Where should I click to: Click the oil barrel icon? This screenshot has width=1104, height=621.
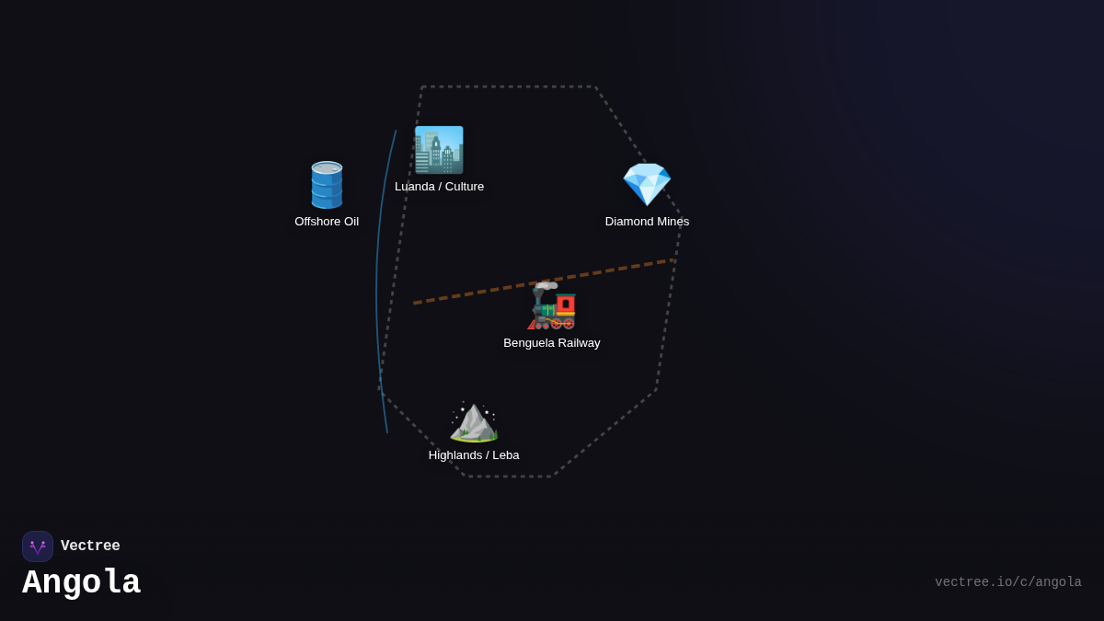(327, 185)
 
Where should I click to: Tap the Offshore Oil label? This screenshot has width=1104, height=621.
(327, 222)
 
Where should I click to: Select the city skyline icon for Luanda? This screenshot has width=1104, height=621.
(439, 150)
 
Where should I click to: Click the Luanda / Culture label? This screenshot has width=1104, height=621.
(439, 187)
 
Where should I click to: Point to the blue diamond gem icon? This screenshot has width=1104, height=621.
(647, 184)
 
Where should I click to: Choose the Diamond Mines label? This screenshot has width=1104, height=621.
(647, 222)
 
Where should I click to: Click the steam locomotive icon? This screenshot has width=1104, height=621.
(552, 305)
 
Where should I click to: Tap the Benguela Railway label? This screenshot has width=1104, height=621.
(552, 343)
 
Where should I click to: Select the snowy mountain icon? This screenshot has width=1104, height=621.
(474, 421)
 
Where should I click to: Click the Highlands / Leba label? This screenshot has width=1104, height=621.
(474, 455)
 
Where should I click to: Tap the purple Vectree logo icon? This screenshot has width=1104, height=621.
(38, 546)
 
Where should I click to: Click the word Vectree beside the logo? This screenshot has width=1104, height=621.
(90, 546)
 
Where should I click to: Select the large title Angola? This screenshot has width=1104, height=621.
(81, 583)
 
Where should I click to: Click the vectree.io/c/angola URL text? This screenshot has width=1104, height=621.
(1007, 582)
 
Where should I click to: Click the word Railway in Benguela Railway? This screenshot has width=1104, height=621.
(576, 343)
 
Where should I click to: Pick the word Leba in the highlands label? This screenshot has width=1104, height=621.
(506, 455)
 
